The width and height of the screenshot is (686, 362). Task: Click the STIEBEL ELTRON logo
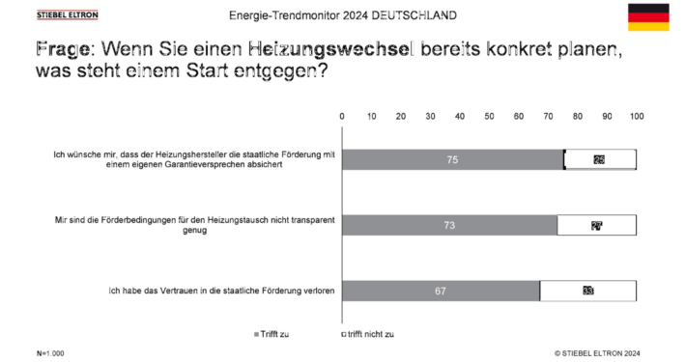coord(67,15)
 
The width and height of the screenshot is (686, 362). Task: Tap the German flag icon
coord(648,16)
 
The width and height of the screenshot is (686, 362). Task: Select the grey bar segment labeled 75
coord(452,159)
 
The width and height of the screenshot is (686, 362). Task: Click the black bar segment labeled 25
coord(599,159)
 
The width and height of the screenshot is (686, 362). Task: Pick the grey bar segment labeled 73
coord(449,225)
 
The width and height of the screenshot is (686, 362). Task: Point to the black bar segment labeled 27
coord(596,225)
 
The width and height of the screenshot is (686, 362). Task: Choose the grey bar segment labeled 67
coord(441,290)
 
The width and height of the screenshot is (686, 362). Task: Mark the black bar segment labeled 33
coord(587,290)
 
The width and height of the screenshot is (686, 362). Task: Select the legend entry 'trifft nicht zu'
coord(367,334)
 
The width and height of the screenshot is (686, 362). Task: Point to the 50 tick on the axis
coord(489,116)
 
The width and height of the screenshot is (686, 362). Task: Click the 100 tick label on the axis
coord(636,116)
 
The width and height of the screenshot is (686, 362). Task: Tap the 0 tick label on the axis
coord(342,116)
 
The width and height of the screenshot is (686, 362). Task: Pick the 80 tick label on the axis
coord(578,116)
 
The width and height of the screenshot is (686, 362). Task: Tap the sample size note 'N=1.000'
coord(50,353)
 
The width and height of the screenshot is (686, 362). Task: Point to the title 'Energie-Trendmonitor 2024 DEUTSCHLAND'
coord(343,16)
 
